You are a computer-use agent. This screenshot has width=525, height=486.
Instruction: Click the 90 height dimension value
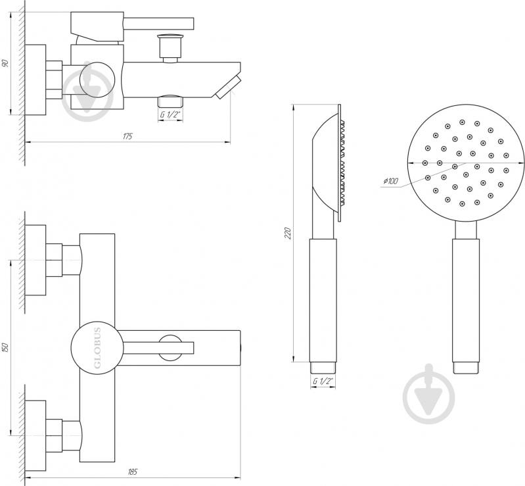coord(5,64)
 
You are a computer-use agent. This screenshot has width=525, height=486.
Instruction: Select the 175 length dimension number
coord(127,136)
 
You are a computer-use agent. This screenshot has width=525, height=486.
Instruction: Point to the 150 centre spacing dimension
coord(5,348)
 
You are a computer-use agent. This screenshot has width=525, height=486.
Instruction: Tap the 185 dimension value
coord(132,472)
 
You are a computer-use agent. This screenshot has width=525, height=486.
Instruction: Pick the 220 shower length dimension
coord(286,233)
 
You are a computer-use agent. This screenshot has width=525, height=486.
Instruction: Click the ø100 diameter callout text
coord(390,182)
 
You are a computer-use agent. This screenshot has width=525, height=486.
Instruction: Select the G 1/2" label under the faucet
coord(170,114)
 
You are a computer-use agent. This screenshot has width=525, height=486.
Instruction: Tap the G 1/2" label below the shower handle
coord(323,381)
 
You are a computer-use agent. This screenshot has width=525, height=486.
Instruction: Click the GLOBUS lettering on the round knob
coord(97,348)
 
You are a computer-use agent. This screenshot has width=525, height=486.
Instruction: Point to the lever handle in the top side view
coord(158,24)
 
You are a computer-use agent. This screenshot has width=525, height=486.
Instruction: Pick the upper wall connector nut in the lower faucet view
coord(54,259)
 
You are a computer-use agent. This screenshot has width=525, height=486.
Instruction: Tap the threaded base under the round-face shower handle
coord(465,367)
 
